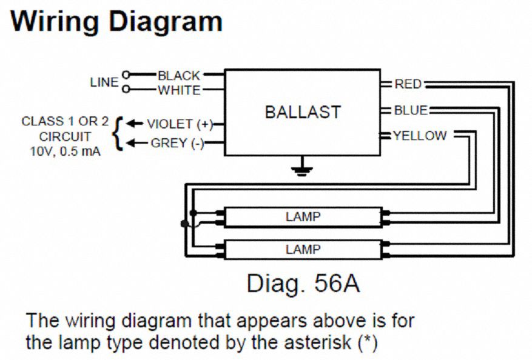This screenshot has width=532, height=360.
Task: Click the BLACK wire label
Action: [x=178, y=76]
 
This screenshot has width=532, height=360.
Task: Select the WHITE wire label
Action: [x=179, y=91]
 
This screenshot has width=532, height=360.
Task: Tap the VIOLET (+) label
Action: [x=180, y=124]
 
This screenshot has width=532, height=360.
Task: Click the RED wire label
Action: [x=408, y=84]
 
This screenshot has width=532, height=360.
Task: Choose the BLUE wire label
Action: [x=411, y=110]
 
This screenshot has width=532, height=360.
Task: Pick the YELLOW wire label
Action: [x=420, y=136]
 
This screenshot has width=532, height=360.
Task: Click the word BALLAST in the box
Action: [x=303, y=112]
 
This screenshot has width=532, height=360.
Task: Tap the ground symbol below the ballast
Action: [x=299, y=168]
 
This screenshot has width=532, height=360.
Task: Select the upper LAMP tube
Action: [x=303, y=216]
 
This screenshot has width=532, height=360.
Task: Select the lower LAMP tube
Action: [x=303, y=249]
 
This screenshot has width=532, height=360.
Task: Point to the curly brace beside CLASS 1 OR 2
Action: [x=119, y=133]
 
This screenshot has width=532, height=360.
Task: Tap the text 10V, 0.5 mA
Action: [x=66, y=152]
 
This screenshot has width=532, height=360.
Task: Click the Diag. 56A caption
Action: [x=303, y=283]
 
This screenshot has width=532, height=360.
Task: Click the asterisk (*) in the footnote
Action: [x=366, y=342]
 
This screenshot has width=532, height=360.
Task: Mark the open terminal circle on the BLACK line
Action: [x=126, y=75]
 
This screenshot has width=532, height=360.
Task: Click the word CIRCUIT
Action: [x=66, y=136]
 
